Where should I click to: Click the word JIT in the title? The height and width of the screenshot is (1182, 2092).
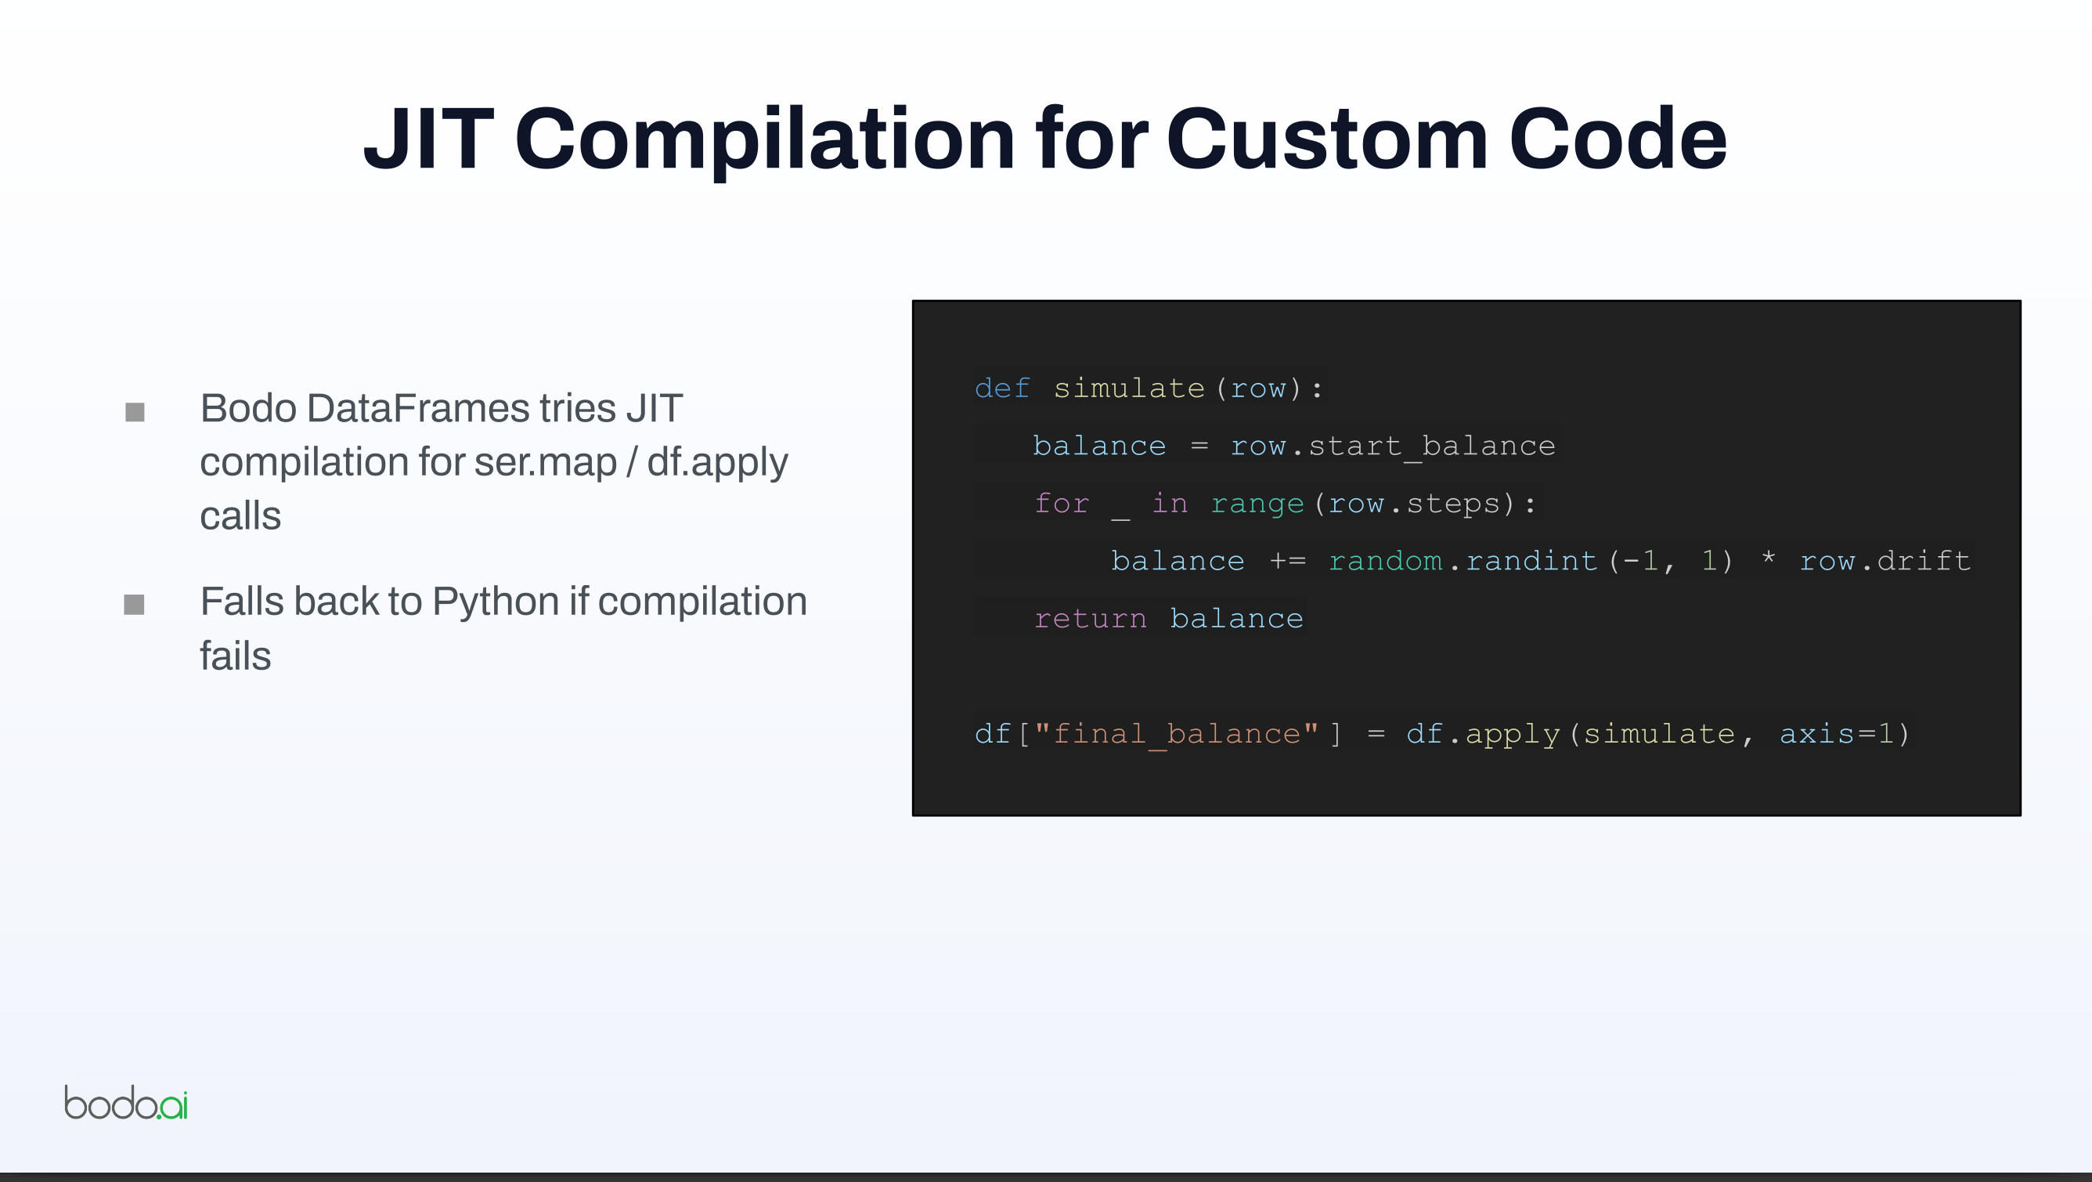click(x=429, y=139)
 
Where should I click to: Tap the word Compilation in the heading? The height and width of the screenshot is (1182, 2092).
click(x=764, y=142)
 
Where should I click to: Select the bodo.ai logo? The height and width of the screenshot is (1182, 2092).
click(x=126, y=1102)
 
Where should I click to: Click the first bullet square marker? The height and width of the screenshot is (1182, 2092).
click(x=135, y=413)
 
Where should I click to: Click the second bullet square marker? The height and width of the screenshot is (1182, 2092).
click(x=134, y=605)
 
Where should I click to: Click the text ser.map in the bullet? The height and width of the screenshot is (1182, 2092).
click(x=545, y=462)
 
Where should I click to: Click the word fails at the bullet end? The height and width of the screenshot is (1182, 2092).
click(x=236, y=656)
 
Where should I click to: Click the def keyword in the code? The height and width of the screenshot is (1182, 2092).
click(x=1002, y=389)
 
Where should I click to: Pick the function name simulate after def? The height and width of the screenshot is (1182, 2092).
click(x=1129, y=389)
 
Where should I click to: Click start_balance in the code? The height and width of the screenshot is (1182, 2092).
click(x=1432, y=446)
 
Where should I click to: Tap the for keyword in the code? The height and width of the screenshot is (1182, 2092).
click(x=1062, y=504)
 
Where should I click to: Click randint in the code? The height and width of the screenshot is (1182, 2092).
click(x=1531, y=562)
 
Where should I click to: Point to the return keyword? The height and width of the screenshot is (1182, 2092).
click(x=1091, y=619)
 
